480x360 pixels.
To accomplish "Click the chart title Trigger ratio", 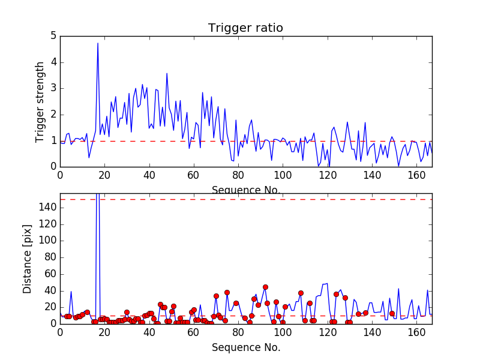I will tap(245, 28).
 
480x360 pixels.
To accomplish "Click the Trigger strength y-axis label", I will tap(40, 101).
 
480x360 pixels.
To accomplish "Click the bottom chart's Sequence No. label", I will tap(246, 347).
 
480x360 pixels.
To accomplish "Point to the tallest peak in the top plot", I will tap(98, 43).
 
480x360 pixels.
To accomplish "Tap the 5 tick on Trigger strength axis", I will tap(53, 36).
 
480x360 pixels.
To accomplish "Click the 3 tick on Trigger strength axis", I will tap(53, 88).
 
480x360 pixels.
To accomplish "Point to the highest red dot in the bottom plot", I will tap(265, 287).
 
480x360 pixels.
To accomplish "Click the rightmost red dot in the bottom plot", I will tap(392, 313).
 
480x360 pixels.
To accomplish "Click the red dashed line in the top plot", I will tap(240, 141).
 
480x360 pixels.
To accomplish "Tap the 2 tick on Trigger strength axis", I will tap(53, 115).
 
